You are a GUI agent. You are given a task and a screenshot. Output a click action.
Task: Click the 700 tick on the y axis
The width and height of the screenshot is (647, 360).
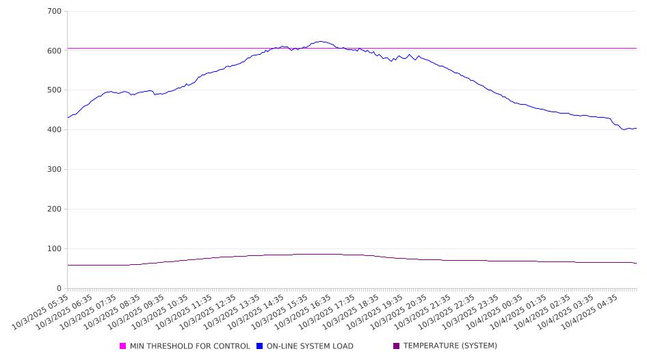tap(54, 12)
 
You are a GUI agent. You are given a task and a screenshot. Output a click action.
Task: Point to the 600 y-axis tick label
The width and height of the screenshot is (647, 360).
tap(54, 51)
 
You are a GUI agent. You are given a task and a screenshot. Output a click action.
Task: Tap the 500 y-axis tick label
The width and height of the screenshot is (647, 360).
tap(54, 90)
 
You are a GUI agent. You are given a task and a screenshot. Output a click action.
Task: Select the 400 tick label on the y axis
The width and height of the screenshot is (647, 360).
tap(54, 130)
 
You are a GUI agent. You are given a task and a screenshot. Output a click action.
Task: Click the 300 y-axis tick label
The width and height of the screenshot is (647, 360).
tap(54, 170)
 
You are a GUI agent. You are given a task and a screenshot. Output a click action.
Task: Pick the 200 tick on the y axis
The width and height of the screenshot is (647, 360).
tap(54, 209)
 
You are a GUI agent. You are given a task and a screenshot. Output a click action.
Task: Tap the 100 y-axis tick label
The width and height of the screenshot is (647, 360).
tap(54, 249)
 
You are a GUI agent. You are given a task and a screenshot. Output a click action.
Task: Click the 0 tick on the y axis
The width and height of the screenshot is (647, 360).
tap(59, 288)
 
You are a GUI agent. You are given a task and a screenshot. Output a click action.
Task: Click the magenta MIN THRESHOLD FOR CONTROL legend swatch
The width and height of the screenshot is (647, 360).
tap(123, 346)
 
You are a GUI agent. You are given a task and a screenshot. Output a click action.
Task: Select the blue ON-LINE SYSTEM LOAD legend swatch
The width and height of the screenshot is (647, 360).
tap(260, 346)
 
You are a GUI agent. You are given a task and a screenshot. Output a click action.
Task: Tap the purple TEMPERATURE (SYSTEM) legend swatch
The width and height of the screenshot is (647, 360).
tap(397, 346)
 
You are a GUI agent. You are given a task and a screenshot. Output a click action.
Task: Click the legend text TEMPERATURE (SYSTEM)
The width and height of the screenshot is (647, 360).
tap(450, 346)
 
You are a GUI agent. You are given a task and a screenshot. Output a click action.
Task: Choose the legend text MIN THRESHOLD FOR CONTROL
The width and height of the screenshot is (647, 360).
tap(190, 346)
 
